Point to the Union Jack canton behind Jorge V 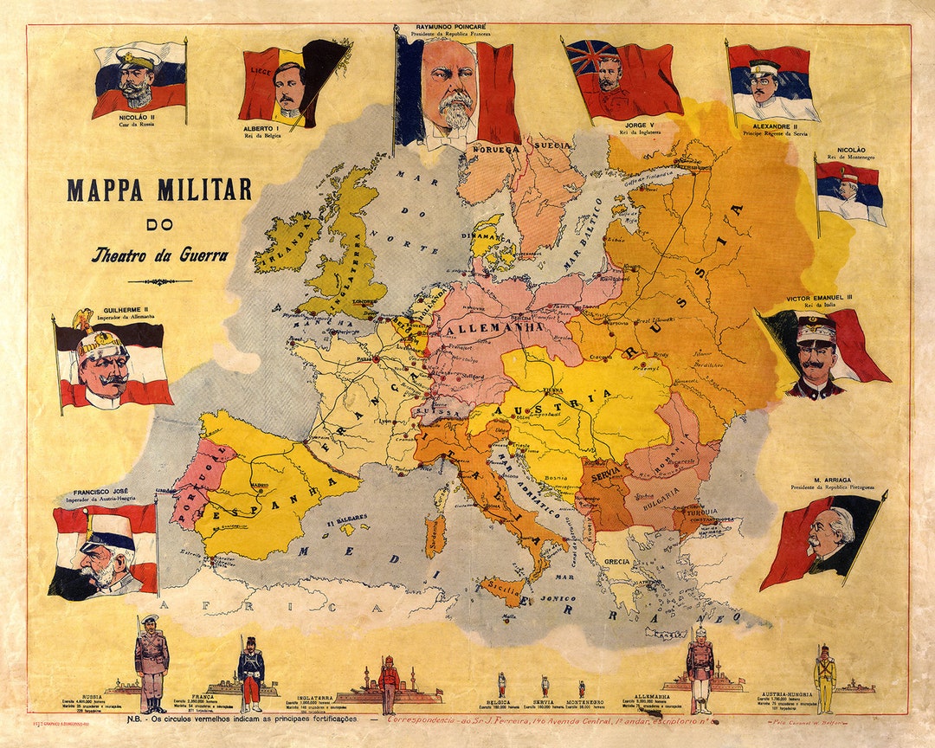coord(589,57)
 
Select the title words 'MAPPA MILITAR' coord(159,190)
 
